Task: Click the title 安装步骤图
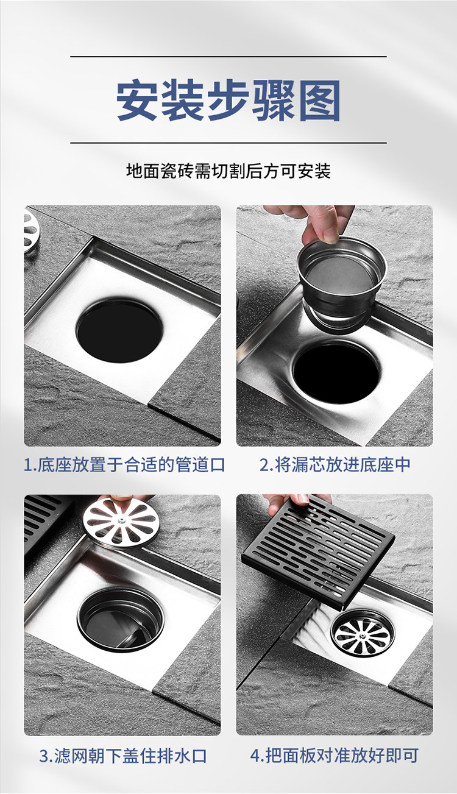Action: [x=228, y=101]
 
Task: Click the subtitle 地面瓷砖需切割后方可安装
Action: [x=228, y=171]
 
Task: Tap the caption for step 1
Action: [x=124, y=465]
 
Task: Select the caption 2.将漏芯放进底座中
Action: [x=335, y=465]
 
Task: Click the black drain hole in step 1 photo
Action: [x=119, y=331]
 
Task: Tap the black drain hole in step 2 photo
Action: [x=336, y=372]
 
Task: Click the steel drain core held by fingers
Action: [x=341, y=284]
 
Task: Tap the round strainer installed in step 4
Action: [x=363, y=633]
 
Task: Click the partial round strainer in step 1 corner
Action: [x=32, y=231]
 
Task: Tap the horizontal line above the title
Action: [x=228, y=56]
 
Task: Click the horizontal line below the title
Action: [x=228, y=143]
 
